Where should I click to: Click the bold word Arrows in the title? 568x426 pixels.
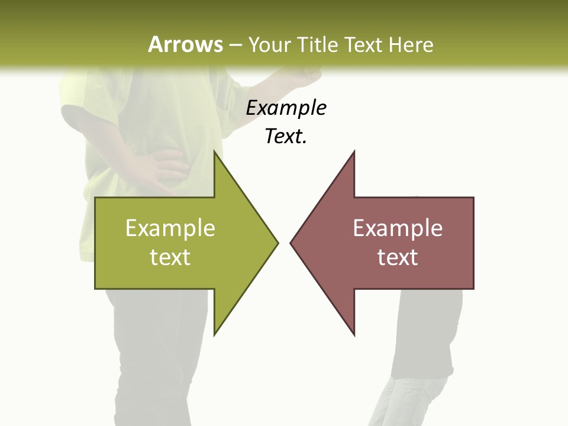tap(185, 44)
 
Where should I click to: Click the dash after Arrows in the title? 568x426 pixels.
tap(235, 45)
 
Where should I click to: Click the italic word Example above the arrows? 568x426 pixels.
tap(286, 108)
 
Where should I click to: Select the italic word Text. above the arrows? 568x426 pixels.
tap(286, 136)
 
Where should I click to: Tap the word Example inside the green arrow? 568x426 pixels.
tap(170, 228)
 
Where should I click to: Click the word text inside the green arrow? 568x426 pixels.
tap(170, 257)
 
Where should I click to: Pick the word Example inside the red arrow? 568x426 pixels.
tap(398, 228)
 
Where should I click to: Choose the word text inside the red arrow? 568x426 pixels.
tap(398, 257)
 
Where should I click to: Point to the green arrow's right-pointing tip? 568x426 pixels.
tap(277, 242)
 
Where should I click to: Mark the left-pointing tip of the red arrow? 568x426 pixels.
tap(291, 242)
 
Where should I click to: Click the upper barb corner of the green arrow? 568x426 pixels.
tap(215, 152)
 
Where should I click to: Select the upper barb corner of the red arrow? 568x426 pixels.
tap(354, 152)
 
